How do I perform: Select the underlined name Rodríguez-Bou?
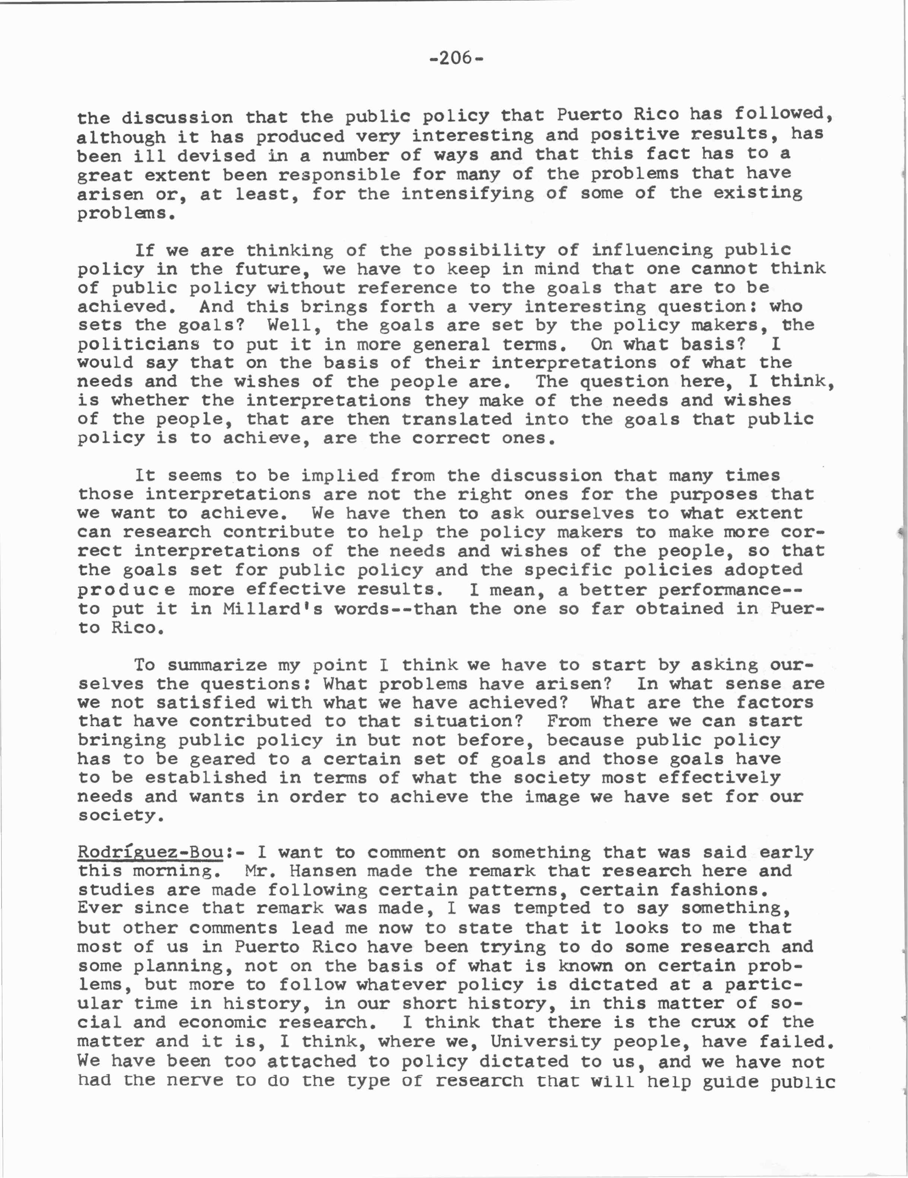150,853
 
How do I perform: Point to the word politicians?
128,344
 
